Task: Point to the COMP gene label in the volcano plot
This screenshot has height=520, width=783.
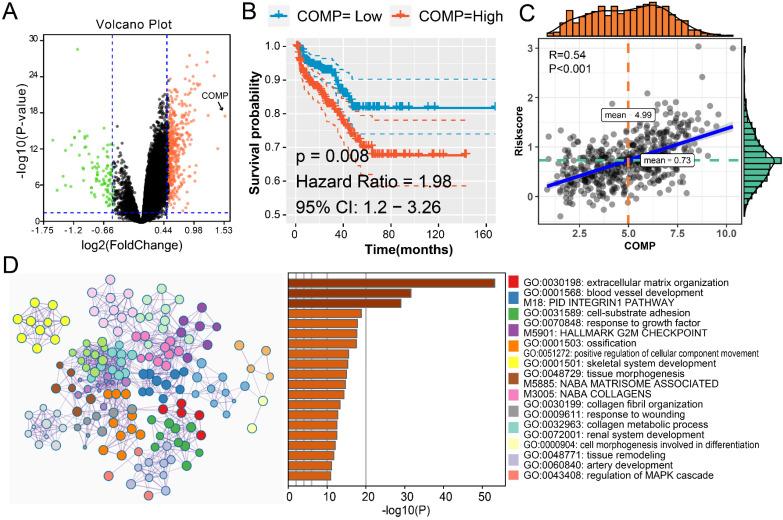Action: [214, 95]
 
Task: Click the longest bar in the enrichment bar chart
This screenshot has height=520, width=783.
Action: [391, 283]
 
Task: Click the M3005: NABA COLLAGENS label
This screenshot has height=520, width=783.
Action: [572, 394]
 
